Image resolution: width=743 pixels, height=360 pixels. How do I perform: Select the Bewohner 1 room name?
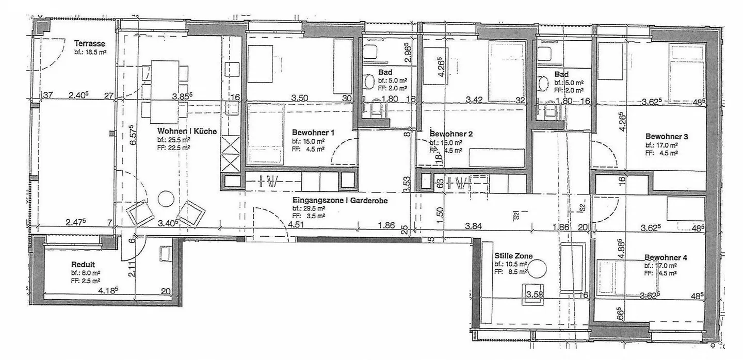pos(313,133)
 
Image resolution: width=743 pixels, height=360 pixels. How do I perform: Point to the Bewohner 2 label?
pos(451,134)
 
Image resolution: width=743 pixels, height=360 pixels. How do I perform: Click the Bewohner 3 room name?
pos(666,137)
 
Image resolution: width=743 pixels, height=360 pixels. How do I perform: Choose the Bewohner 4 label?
pos(665,257)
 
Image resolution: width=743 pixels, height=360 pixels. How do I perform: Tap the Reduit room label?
pos(83,264)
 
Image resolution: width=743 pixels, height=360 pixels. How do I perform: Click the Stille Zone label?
pos(513,255)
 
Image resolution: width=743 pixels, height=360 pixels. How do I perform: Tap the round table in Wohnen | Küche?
pos(167,198)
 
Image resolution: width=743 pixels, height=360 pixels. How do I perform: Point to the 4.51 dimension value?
pos(296,224)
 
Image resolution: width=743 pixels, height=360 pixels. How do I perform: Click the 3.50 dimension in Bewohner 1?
pos(299,98)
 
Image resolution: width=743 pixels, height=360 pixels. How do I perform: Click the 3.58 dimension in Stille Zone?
pos(535,295)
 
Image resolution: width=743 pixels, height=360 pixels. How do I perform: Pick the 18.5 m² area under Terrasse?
pos(90,52)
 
